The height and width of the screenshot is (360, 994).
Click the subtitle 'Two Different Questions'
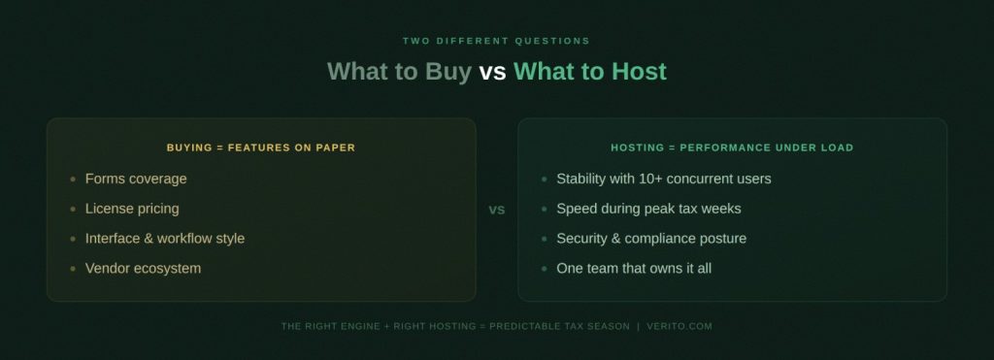coord(496,41)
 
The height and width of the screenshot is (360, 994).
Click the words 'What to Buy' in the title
coord(399,71)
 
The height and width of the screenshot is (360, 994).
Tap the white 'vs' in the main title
coord(492,71)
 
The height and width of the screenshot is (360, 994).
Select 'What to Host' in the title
coord(589,71)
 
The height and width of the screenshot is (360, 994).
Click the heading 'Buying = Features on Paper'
coord(261,147)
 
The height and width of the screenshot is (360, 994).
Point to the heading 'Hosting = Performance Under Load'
coord(732,147)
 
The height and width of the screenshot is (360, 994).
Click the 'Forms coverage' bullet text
coord(136,179)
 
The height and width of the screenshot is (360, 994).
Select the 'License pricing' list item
coord(132,209)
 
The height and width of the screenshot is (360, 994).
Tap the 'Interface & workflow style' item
coord(165,239)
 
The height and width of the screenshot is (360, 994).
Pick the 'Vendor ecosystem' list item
coord(143,268)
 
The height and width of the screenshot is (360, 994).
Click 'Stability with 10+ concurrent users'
coord(664,179)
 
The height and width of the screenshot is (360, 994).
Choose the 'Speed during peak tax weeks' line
coord(648,209)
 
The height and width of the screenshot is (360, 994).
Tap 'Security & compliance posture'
coord(651,239)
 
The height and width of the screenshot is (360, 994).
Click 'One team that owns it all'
coord(634,268)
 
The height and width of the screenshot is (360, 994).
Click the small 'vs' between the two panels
coord(496,210)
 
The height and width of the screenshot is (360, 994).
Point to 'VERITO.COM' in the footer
coord(679,326)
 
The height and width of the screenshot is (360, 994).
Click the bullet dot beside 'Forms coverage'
coord(73,180)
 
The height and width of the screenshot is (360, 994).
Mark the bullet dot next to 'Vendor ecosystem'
coord(73,269)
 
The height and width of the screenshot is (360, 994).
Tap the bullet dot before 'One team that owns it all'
coord(544,269)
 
